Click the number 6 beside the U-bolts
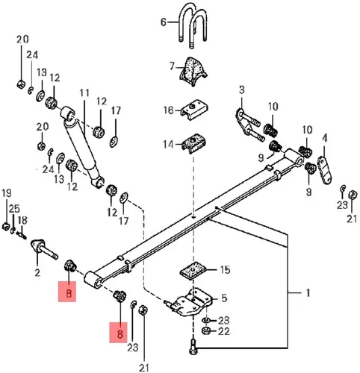(164, 22)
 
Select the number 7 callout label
(172, 66)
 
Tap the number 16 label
(169, 110)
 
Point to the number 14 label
(168, 144)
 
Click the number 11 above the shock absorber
(84, 93)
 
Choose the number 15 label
(225, 269)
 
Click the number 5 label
(224, 298)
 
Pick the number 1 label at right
(308, 293)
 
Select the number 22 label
(224, 331)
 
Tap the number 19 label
(7, 193)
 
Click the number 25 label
(14, 209)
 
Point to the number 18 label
(22, 220)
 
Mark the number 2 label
(37, 273)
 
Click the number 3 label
(242, 90)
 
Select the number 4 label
(324, 138)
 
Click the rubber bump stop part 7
(193, 72)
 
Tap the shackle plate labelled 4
(325, 170)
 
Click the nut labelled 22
(205, 331)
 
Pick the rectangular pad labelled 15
(193, 271)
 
